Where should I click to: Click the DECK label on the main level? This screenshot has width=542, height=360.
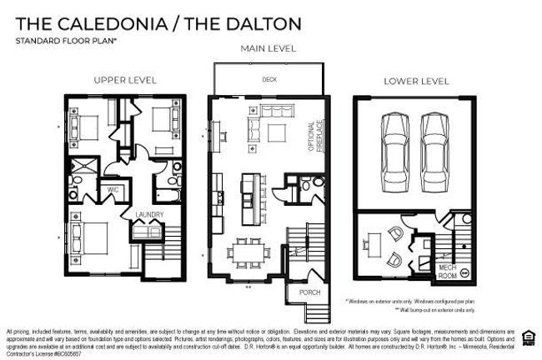269,81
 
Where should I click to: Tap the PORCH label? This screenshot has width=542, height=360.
299,292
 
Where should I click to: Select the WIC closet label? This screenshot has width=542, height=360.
113,188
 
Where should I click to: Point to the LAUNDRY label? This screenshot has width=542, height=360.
149,215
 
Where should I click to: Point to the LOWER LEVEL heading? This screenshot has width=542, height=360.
416,81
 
